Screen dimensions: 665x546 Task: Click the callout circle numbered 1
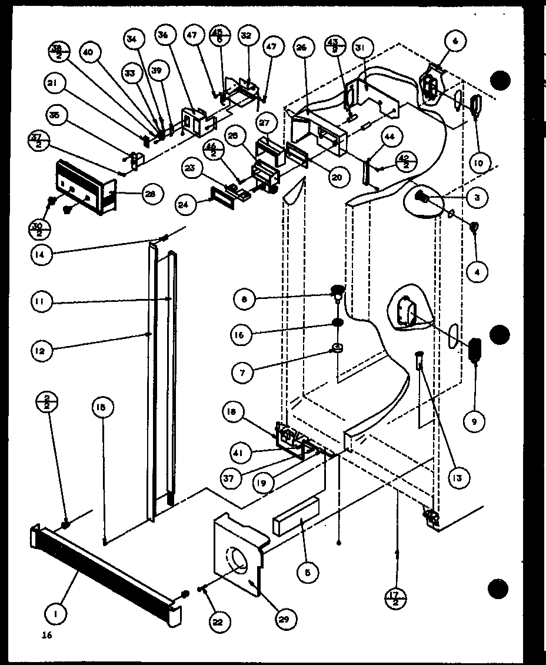point(56,614)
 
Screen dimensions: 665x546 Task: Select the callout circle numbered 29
point(286,618)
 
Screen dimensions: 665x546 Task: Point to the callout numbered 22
point(221,621)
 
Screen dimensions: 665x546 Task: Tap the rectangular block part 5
point(296,516)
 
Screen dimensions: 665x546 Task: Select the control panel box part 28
point(85,189)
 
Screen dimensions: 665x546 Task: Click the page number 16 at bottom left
point(47,635)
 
